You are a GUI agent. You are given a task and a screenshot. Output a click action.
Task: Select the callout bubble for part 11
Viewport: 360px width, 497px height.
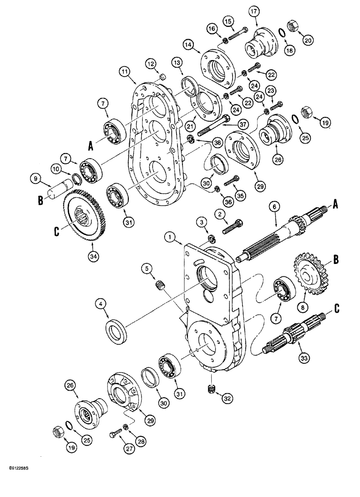coord(124,72)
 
